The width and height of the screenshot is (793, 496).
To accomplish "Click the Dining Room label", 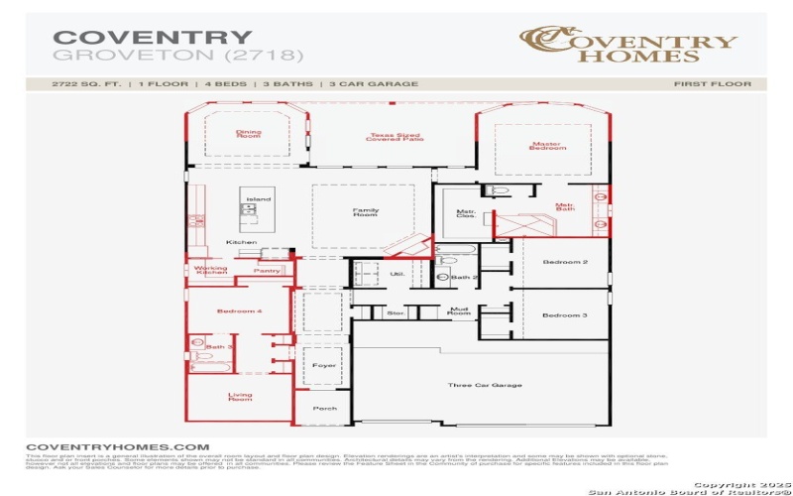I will click(x=248, y=133).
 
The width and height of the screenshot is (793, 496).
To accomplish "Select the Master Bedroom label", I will click(x=548, y=145).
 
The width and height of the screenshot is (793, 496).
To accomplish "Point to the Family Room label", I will click(x=366, y=212).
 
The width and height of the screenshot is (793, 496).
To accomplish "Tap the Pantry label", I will click(x=267, y=270).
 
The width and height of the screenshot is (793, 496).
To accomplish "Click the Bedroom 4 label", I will click(x=239, y=311).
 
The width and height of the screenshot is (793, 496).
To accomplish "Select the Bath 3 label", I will click(x=219, y=347).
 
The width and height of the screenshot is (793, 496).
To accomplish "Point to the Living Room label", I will click(x=240, y=397).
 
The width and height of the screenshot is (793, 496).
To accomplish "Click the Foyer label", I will click(x=325, y=365).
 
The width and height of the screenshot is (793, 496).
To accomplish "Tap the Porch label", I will click(x=325, y=408).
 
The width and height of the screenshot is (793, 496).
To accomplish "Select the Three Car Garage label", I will click(x=485, y=385).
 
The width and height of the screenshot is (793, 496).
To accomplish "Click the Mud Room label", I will click(x=458, y=311).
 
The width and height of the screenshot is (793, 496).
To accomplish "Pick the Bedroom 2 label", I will click(x=564, y=262).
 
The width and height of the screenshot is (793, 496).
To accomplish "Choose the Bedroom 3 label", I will click(x=564, y=314).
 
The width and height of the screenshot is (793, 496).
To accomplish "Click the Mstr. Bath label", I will click(x=565, y=207).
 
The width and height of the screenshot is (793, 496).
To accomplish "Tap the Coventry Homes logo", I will click(x=629, y=44).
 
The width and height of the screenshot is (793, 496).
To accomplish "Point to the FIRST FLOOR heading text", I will click(x=712, y=84).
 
